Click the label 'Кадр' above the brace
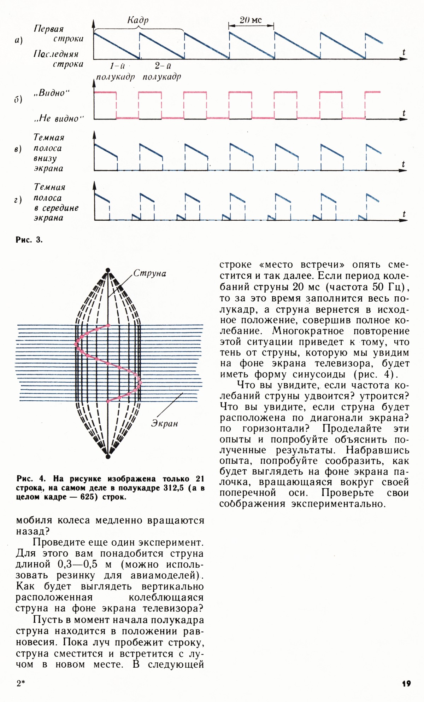138,20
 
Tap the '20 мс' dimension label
251,20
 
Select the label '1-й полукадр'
116,71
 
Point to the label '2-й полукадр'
162,71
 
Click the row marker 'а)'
19,41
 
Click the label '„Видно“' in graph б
52,93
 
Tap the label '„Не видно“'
58,118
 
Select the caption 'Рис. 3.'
29,240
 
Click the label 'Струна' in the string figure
150,273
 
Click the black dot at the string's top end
108,270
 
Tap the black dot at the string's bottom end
108,457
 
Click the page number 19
406,683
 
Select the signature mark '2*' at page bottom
21,683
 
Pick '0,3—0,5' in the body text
77,564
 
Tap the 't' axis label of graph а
404,52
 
